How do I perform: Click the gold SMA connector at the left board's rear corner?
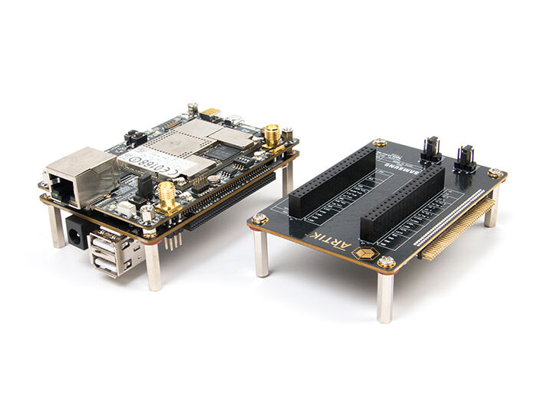tap(272, 136)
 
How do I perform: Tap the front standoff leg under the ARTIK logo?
tap(385, 296)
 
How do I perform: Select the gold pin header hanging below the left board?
tap(173, 239)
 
